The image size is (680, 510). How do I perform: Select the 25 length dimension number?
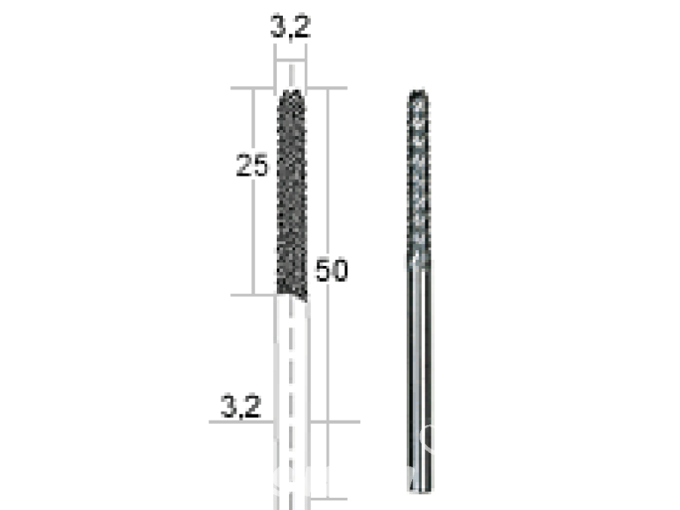point(251,165)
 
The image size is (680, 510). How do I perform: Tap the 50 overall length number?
point(332,271)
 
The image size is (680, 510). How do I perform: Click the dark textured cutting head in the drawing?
point(291,193)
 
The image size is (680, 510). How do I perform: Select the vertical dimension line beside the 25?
point(254,228)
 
